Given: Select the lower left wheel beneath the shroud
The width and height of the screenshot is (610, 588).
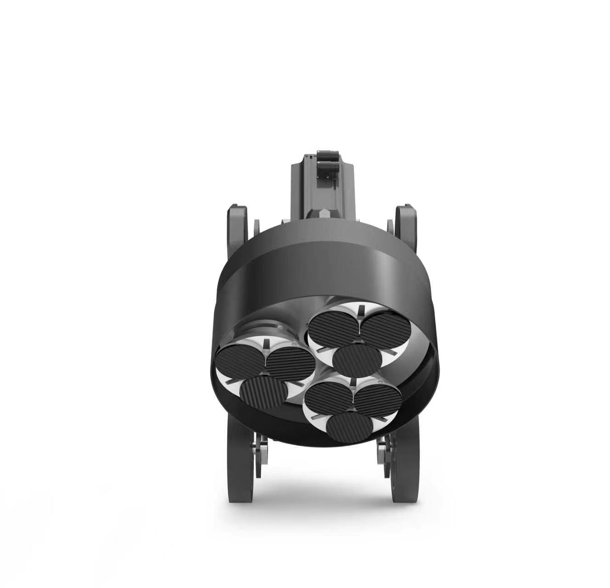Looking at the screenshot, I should tap(240, 464).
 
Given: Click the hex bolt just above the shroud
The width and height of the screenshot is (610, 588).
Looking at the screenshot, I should tap(324, 213).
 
